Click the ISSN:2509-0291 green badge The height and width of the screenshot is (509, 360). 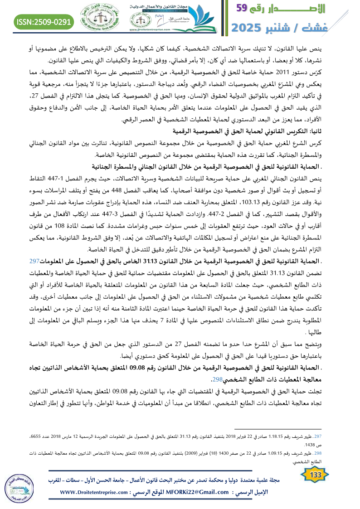point(44,21)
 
